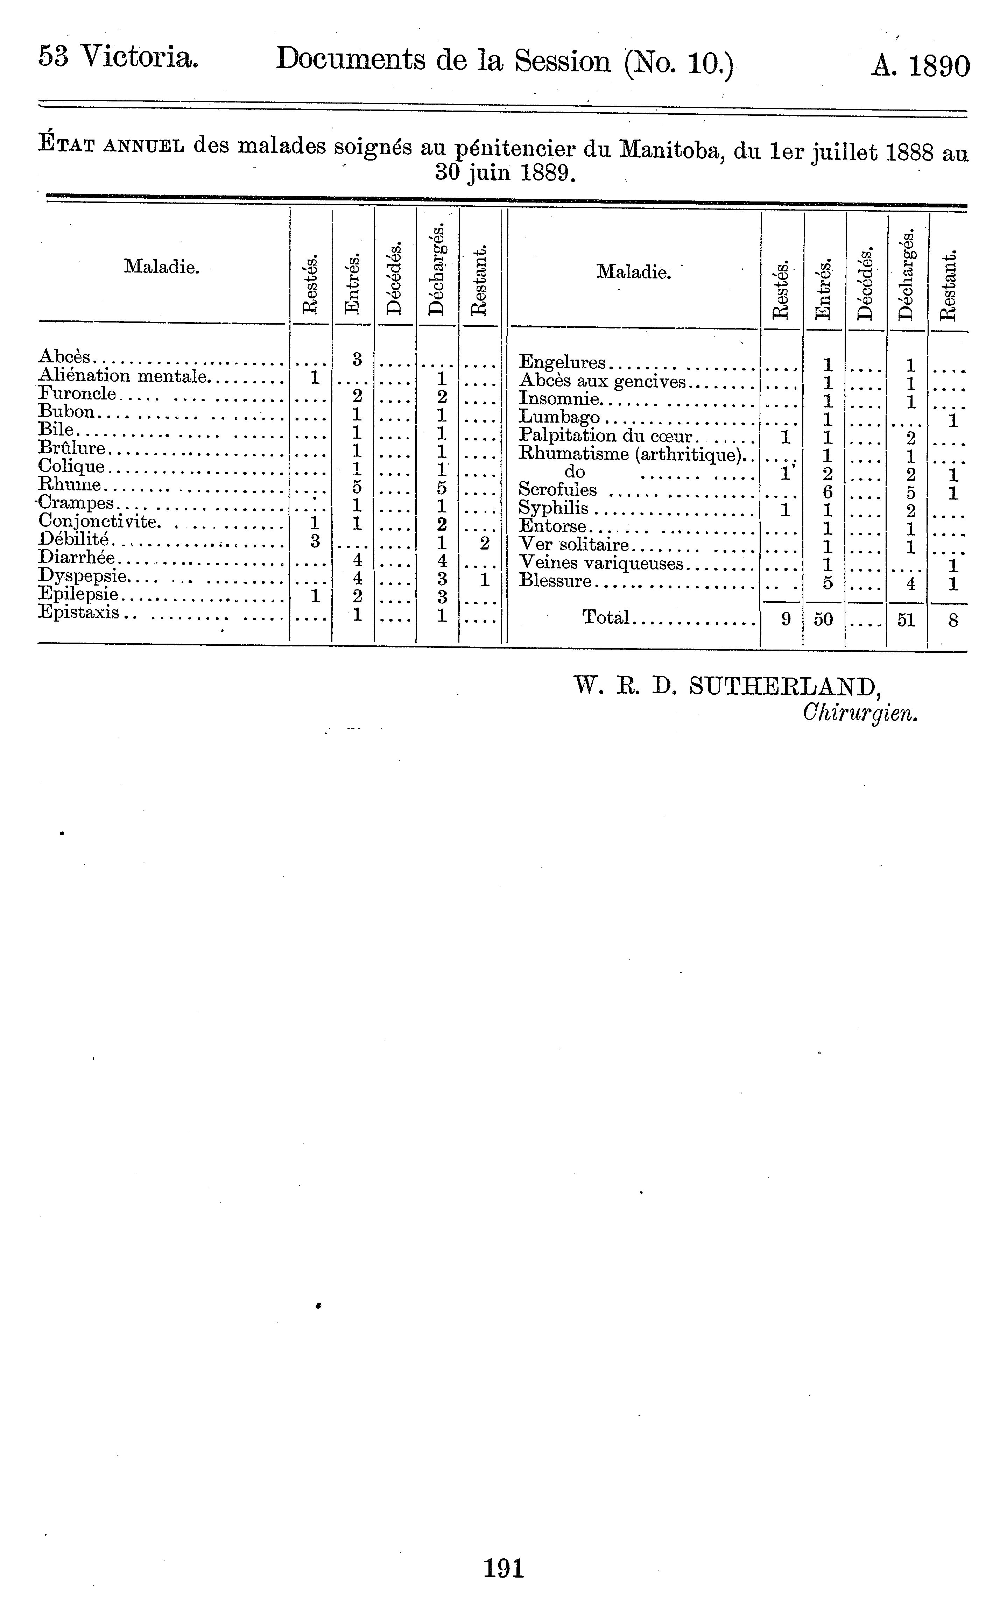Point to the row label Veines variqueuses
601,564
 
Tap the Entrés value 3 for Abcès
357,359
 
